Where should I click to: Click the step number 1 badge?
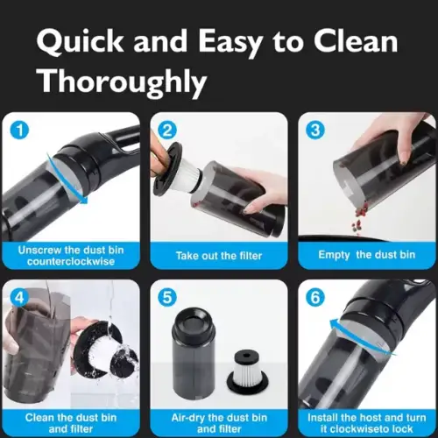19,130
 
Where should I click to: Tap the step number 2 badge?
167,130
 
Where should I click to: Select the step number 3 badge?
315,130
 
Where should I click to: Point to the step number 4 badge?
19,298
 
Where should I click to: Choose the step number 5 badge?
167,298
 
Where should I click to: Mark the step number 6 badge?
315,298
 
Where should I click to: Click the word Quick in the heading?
80,41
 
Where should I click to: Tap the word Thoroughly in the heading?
123,81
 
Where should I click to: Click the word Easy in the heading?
230,42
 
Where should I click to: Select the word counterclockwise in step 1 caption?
71,261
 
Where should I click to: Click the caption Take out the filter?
219,256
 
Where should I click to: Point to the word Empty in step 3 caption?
334,255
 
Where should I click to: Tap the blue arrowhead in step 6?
335,323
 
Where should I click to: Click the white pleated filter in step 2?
190,174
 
